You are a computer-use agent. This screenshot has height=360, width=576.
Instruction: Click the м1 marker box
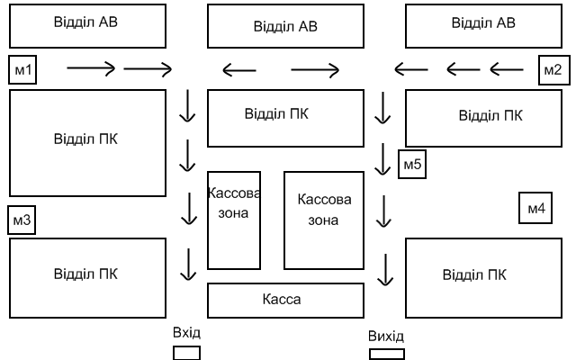pos(22,68)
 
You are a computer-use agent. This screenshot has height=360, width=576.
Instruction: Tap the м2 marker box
pos(552,69)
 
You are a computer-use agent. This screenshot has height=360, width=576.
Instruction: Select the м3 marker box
pos(22,220)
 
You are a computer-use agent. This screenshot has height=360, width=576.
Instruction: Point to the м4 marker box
pos(535,209)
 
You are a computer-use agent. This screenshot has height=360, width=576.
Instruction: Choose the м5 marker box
pos(412,165)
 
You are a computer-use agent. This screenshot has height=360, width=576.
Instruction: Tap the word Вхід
pos(186,334)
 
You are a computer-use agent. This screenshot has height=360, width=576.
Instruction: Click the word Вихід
pos(386,337)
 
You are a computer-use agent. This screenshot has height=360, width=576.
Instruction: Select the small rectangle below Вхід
pos(186,353)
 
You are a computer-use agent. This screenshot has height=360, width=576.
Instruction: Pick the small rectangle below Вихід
pos(387,354)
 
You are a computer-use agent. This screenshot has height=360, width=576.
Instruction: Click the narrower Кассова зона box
pos(234,220)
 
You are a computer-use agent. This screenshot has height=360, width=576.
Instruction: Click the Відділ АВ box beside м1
pos(87,25)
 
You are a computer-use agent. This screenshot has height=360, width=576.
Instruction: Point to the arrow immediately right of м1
pos(91,67)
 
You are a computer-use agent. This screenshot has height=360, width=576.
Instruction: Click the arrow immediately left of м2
pos(508,67)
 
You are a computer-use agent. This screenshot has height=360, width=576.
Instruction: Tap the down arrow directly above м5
pos(384,108)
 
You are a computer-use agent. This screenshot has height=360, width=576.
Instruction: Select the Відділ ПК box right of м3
pos(87,274)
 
